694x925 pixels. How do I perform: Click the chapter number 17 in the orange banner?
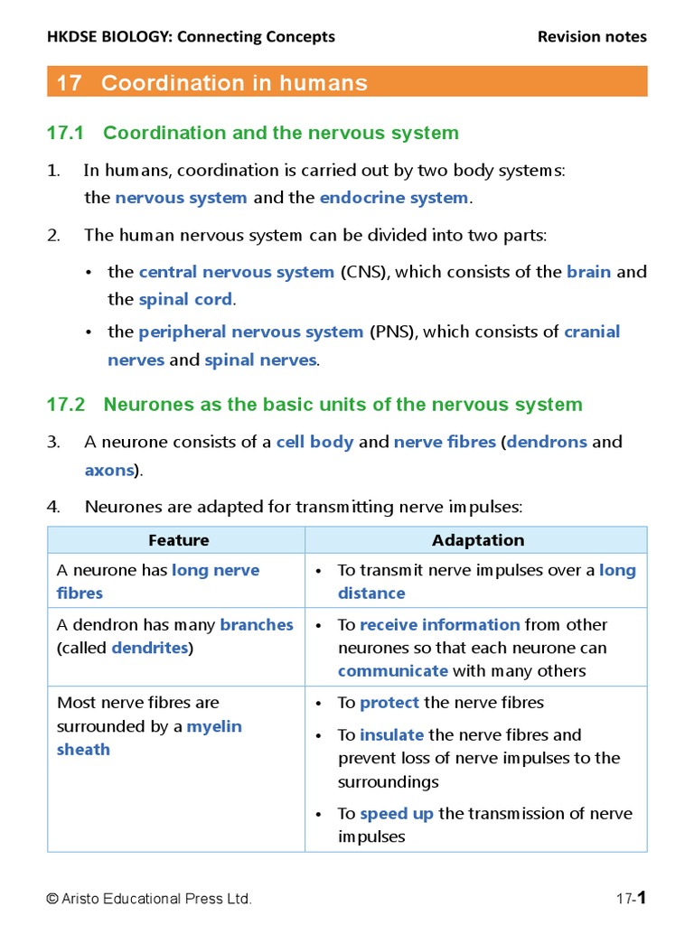tap(69, 83)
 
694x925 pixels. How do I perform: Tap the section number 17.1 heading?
tap(65, 133)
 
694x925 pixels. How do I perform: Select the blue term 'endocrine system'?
tap(394, 198)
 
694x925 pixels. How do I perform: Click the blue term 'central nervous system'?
tap(237, 272)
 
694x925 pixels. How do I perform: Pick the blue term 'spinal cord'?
tap(185, 299)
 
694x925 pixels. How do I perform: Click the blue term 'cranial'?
tap(592, 332)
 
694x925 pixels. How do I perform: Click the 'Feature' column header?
tap(178, 540)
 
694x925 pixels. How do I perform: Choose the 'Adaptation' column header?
tap(477, 540)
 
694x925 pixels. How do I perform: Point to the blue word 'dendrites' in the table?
tap(149, 648)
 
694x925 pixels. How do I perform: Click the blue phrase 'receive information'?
tap(439, 624)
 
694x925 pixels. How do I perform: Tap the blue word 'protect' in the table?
tap(389, 702)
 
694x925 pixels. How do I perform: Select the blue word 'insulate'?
tap(392, 734)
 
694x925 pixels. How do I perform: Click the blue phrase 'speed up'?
tap(397, 813)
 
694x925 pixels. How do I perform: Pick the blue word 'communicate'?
tap(393, 670)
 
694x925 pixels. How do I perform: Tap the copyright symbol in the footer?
tap(52, 899)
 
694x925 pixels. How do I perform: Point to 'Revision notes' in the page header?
tap(592, 37)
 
